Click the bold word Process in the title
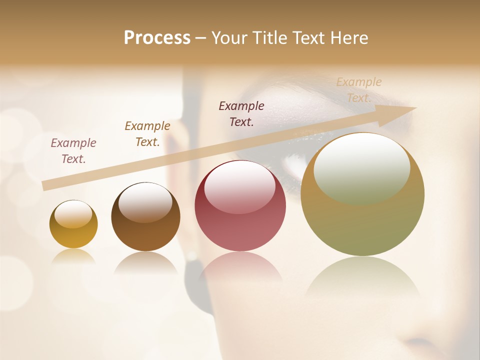click(x=157, y=38)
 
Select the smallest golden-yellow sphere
click(x=73, y=224)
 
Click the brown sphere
click(x=145, y=217)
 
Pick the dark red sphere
click(x=240, y=206)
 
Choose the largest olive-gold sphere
click(x=362, y=195)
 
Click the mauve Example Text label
click(x=73, y=151)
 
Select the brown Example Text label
click(x=147, y=134)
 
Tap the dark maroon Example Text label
click(x=241, y=113)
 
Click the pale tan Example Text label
click(x=358, y=90)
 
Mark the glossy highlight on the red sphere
click(x=240, y=186)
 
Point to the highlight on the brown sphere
click(x=145, y=201)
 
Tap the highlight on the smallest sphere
click(x=73, y=214)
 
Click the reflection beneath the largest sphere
click(x=362, y=277)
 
